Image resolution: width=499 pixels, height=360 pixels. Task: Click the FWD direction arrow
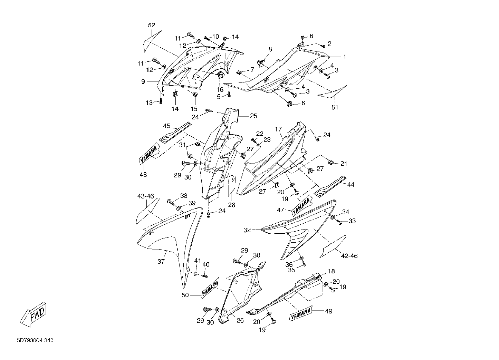[33, 314]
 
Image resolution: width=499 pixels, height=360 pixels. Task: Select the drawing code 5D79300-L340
[35, 340]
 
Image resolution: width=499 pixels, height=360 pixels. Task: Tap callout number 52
[152, 25]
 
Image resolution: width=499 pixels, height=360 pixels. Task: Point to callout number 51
[335, 107]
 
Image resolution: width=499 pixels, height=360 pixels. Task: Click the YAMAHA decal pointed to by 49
[301, 314]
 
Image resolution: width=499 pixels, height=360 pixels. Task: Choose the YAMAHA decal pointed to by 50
[210, 288]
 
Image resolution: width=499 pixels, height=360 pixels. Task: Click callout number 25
[253, 116]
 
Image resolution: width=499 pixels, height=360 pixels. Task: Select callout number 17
[278, 129]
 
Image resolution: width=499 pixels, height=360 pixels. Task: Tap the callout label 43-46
[146, 196]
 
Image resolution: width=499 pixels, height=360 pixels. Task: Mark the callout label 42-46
[349, 256]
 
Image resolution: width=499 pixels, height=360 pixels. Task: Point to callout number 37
[161, 262]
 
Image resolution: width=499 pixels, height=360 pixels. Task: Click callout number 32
[247, 230]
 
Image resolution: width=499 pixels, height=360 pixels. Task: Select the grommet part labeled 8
[260, 63]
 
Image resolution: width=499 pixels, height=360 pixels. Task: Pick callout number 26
[240, 320]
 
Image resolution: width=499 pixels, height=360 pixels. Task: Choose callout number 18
[332, 271]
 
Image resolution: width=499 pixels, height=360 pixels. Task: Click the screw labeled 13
[161, 101]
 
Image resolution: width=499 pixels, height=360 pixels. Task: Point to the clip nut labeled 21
[331, 162]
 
